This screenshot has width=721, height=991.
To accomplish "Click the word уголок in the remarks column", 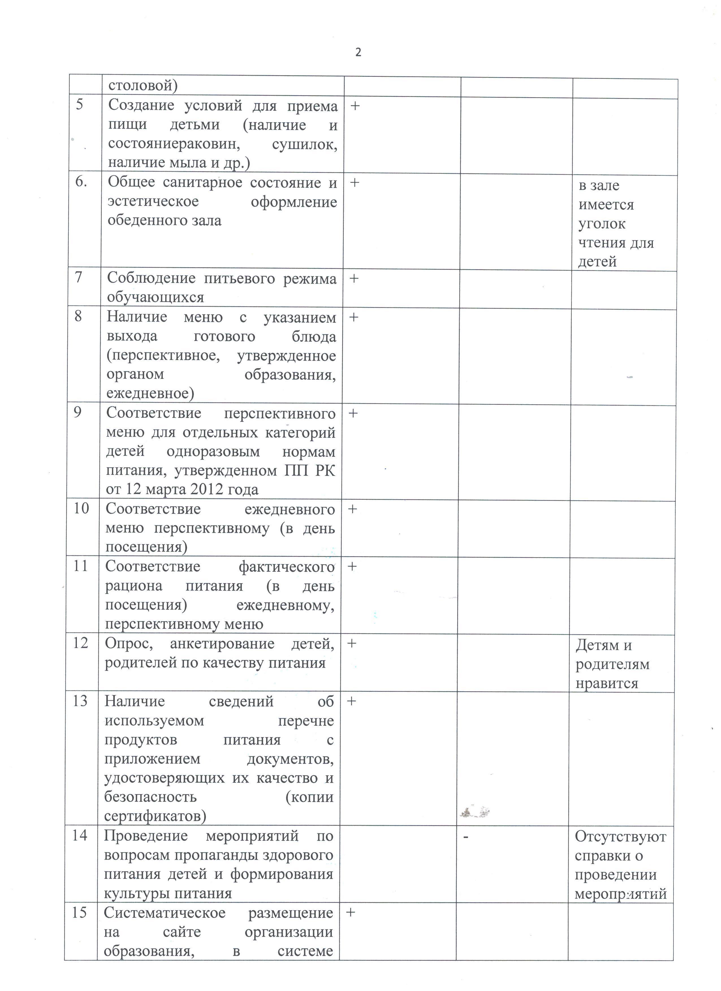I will pyautogui.click(x=602, y=224).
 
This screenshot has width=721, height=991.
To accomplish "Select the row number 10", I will pyautogui.click(x=81, y=508).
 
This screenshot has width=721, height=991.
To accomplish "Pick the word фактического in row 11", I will pyautogui.click(x=286, y=567).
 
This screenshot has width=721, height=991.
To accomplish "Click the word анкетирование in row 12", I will pyautogui.click(x=222, y=644).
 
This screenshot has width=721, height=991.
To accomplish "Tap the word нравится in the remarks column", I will pyautogui.click(x=607, y=683).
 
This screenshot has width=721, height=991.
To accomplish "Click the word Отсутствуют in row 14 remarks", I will pyautogui.click(x=620, y=837).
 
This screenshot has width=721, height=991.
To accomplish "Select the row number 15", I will pyautogui.click(x=79, y=912).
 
